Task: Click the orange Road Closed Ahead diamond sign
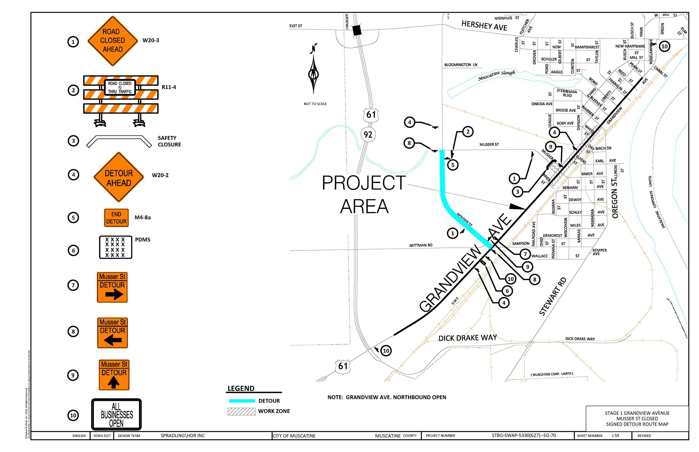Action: (112, 41)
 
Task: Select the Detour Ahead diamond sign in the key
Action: (119, 177)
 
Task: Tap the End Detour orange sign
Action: (116, 218)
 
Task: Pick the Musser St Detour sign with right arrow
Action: (112, 287)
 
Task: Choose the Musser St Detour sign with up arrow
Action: (114, 375)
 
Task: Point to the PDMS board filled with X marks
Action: (115, 247)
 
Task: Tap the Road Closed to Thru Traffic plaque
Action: (120, 87)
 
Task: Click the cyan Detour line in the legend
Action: (242, 401)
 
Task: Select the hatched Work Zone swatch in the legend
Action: (241, 411)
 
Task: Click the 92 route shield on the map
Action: (368, 134)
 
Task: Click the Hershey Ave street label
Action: (484, 26)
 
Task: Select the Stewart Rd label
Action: (552, 296)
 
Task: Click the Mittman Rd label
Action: (421, 245)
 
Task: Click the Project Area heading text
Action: (364, 194)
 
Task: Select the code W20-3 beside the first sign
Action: (151, 41)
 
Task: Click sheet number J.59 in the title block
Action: (615, 436)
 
